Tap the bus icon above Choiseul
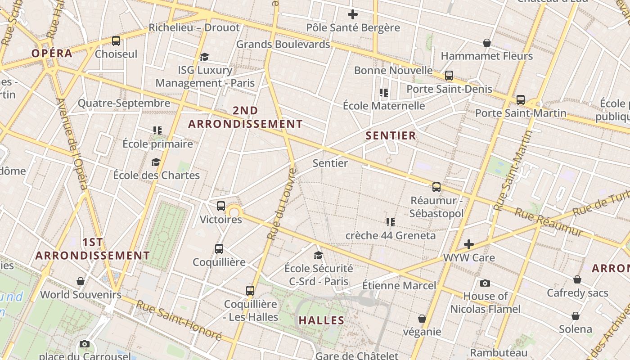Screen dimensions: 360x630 [x=116, y=41]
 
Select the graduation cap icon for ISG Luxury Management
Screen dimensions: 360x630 [x=205, y=57]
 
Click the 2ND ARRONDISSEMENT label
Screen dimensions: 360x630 [x=245, y=117]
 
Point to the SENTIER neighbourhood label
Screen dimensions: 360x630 [x=391, y=135]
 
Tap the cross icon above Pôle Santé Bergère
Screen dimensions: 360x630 [x=353, y=14]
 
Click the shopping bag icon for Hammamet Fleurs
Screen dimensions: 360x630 [x=486, y=43]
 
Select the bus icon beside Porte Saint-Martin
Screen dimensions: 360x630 [x=521, y=99]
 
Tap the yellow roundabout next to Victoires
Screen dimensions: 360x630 [x=234, y=211]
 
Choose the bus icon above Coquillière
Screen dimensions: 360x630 [x=219, y=248]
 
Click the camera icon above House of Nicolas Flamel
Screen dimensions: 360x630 [x=485, y=283]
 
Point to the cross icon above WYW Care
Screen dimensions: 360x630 [x=469, y=244]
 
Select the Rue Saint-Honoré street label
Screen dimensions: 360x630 [x=179, y=320]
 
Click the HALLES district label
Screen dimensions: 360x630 [x=321, y=320]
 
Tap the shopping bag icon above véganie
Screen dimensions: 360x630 [x=422, y=319]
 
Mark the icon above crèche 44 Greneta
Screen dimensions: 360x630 [x=390, y=222]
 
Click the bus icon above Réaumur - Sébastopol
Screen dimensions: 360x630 [x=436, y=187]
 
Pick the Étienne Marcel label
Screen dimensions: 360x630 [x=399, y=285]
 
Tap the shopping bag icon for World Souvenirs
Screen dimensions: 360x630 [x=81, y=281]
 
